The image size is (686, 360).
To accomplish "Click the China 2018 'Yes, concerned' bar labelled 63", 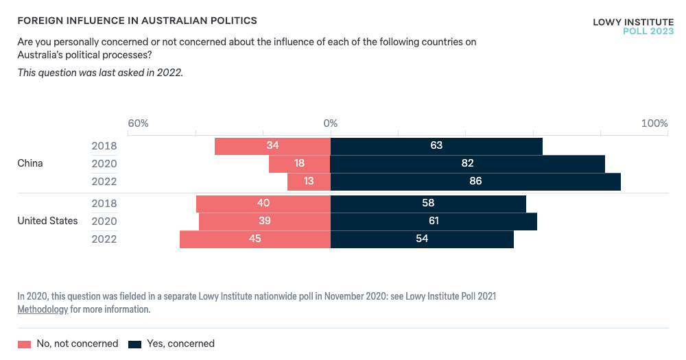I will click(x=436, y=146).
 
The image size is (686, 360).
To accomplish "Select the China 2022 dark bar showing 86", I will click(x=475, y=182).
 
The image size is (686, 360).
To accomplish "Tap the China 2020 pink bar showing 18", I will click(x=299, y=164).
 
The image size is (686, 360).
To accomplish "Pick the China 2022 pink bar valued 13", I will click(x=309, y=182).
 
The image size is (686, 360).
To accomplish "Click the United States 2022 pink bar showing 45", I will click(x=255, y=239).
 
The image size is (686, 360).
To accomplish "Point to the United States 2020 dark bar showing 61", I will click(x=434, y=221).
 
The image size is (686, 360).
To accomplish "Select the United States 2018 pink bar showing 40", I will click(x=263, y=204).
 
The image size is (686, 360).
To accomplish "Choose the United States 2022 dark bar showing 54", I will click(x=422, y=239).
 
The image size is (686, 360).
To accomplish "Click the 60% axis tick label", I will click(x=138, y=123).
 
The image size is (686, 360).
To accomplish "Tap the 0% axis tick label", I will click(x=331, y=123).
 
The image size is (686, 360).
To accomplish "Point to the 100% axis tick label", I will click(x=654, y=123).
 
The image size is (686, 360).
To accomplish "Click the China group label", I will click(x=30, y=163).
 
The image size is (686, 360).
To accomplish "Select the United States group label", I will click(x=47, y=221).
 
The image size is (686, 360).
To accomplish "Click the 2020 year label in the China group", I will click(x=104, y=164).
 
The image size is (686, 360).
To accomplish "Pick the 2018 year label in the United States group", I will click(x=104, y=204).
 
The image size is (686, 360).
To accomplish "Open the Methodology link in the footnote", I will click(x=43, y=309).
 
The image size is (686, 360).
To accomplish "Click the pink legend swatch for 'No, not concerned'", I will click(x=25, y=344).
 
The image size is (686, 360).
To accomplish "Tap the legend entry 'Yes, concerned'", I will click(x=180, y=344).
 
